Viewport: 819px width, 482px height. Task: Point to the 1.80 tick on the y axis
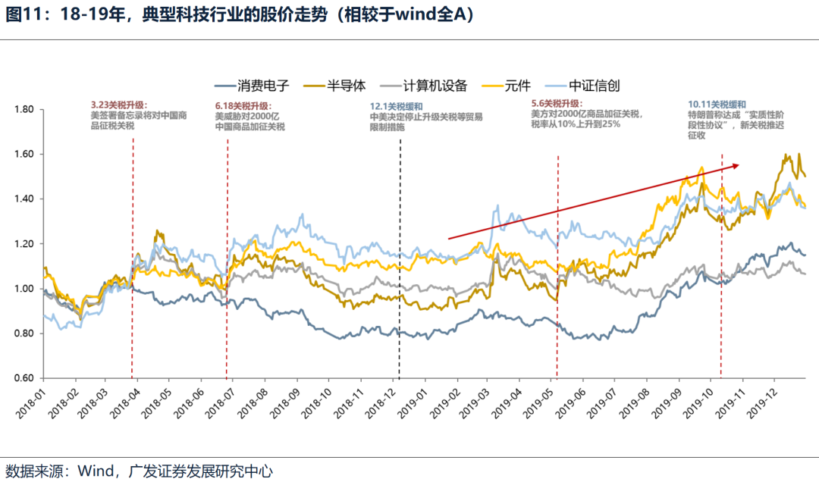pos(24,110)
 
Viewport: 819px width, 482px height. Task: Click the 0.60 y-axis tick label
pos(24,378)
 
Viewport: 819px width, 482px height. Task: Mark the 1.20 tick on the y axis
pos(24,244)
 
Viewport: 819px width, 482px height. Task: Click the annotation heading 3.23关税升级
pos(118,105)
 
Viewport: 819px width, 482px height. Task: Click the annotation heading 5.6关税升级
pos(556,103)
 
